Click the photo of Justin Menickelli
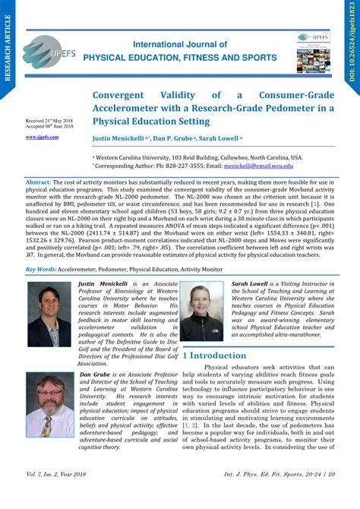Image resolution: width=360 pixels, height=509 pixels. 49,315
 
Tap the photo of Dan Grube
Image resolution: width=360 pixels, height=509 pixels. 49,407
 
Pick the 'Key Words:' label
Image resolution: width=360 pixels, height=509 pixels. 40,270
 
